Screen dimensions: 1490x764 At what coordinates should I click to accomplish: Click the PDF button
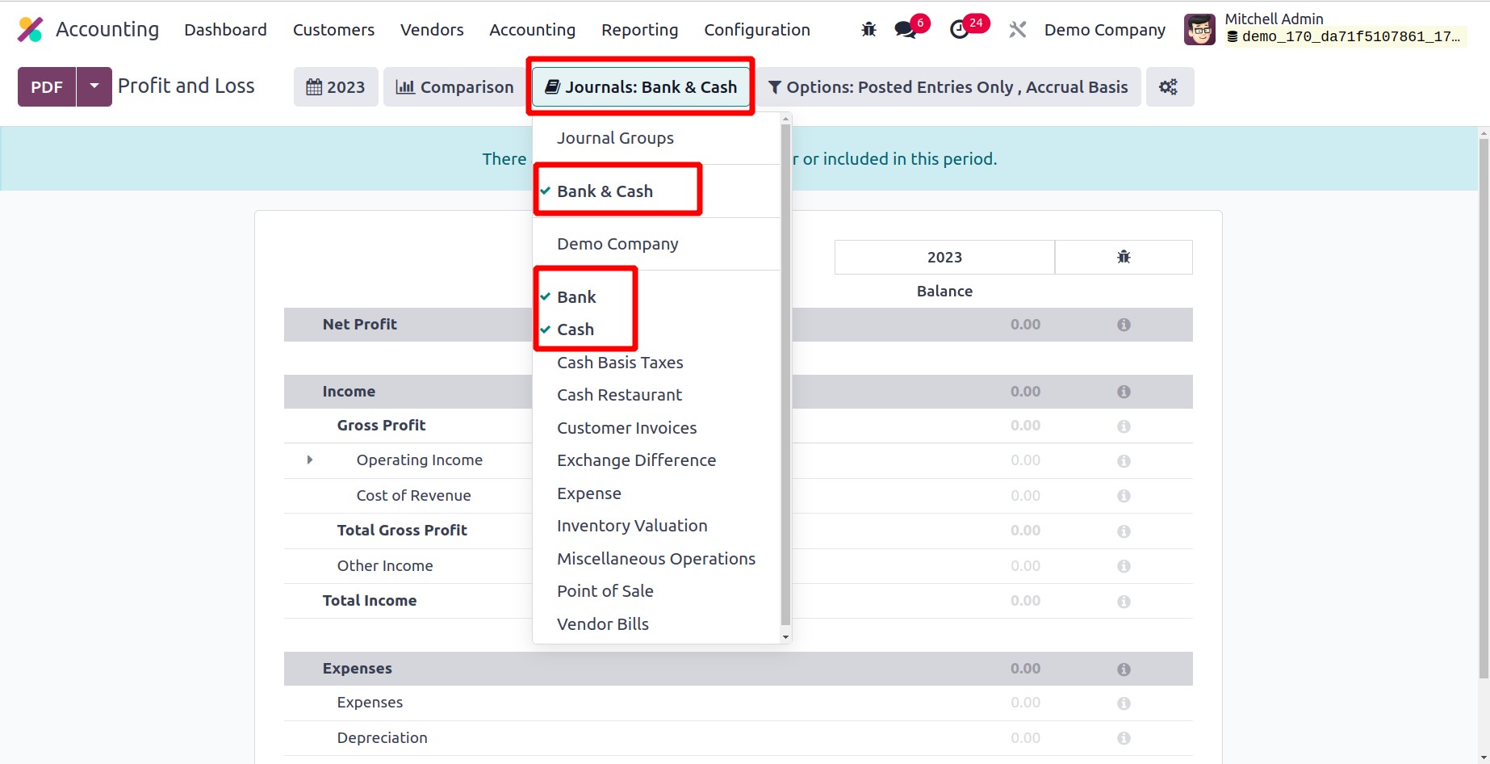[47, 86]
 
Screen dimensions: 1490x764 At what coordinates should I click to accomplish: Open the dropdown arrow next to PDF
[94, 86]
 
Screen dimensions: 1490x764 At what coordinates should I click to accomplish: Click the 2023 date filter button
[336, 86]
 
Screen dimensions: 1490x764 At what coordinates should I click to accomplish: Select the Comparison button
[454, 86]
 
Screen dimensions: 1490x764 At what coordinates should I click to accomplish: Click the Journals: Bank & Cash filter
[641, 86]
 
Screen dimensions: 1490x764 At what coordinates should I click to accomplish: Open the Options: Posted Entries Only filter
[948, 86]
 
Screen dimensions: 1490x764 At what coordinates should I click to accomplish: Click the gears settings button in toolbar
[1169, 86]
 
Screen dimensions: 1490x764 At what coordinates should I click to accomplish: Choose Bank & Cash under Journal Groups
[605, 191]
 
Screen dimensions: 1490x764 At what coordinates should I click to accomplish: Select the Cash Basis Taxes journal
[620, 363]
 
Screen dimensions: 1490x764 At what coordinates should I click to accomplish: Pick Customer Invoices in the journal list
[626, 428]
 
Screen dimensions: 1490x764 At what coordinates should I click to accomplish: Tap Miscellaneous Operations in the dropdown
[655, 559]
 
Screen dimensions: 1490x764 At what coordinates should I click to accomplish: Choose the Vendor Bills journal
[602, 624]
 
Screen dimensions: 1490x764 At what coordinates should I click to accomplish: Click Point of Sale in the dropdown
[605, 591]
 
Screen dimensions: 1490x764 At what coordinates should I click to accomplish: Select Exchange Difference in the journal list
[636, 460]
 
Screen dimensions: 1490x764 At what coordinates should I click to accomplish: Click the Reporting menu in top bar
[639, 30]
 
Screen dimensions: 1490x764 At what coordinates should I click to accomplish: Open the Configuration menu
[756, 30]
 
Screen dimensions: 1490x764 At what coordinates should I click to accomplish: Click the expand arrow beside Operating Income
[310, 460]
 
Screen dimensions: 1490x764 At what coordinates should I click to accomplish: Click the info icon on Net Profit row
[1124, 325]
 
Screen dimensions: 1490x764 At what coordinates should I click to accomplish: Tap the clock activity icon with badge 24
[960, 30]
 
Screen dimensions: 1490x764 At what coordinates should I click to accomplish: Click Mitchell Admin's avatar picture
[1199, 30]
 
